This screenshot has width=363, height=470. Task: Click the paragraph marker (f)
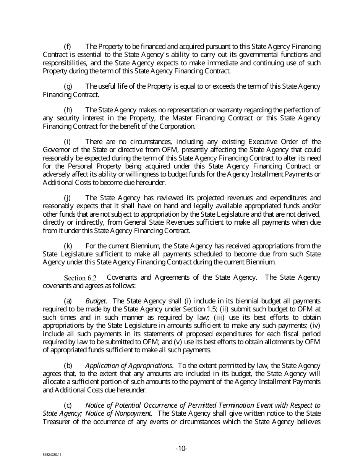[67, 47]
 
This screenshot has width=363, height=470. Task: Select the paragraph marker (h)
[68, 110]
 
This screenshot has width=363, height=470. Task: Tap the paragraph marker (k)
[68, 246]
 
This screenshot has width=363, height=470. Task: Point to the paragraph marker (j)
[67, 198]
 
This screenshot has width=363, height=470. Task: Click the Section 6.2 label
[80, 278]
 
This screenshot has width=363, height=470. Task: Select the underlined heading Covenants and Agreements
[181, 277]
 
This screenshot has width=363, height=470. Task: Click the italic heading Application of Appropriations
[129, 366]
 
